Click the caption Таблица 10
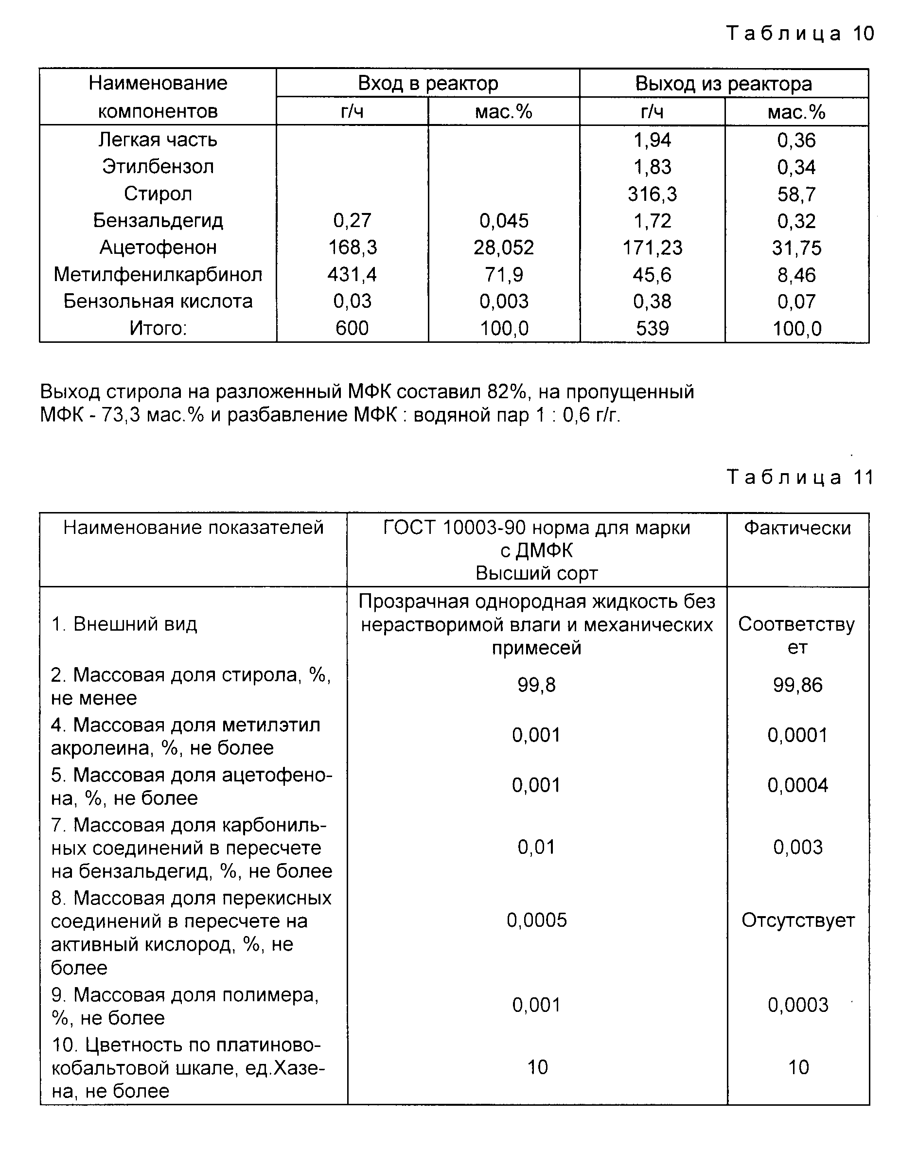[x=800, y=34]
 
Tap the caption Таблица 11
[x=800, y=477]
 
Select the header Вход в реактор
[x=428, y=83]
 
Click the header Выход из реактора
[x=724, y=84]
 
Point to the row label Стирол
[x=158, y=193]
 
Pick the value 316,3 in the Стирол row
[x=652, y=194]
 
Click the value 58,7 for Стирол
[x=796, y=194]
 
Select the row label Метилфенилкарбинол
[x=158, y=274]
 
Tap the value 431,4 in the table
[x=352, y=274]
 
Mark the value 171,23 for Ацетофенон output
[x=652, y=248]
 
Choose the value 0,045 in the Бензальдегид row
[x=504, y=220]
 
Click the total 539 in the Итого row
[x=652, y=328]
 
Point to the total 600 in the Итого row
[x=352, y=328]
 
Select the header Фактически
[x=797, y=528]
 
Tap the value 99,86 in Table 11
[x=797, y=685]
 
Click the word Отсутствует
[x=798, y=920]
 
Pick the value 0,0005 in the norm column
[x=537, y=920]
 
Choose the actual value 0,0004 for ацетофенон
[x=797, y=785]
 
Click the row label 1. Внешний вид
[x=124, y=623]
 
